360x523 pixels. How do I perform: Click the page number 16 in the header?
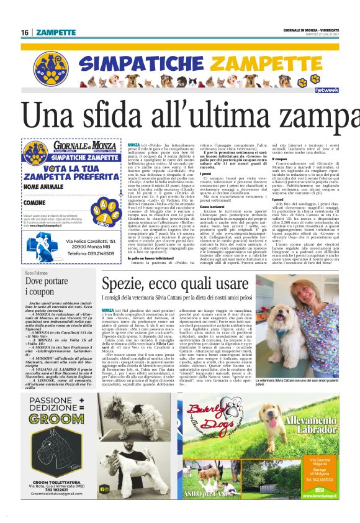click(x=24, y=32)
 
